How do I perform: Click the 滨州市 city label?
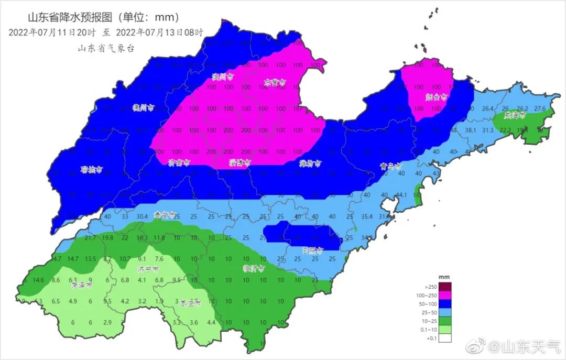(x=222, y=77)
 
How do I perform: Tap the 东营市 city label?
(x=275, y=82)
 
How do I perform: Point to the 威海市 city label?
(x=515, y=115)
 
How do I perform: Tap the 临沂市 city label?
(x=254, y=268)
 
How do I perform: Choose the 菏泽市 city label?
(x=82, y=287)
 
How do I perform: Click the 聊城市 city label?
(x=91, y=170)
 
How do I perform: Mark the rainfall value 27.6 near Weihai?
(x=540, y=108)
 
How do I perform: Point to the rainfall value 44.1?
(x=401, y=195)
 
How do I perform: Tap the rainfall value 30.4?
(x=142, y=216)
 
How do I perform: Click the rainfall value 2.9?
(x=107, y=322)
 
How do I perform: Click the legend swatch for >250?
(x=445, y=287)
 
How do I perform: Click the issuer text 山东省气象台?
(x=106, y=48)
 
